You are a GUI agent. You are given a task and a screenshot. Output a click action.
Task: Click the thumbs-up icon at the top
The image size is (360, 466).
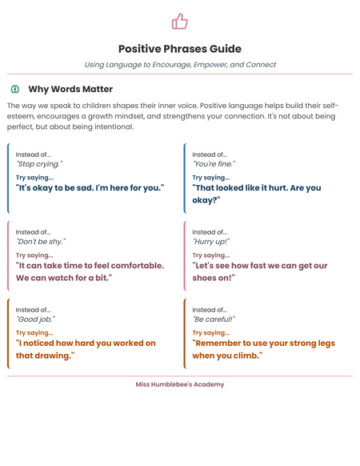180,21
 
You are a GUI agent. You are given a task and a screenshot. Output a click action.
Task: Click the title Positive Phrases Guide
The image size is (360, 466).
180,49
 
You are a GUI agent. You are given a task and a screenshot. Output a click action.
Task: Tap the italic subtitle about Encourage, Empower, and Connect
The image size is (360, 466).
180,65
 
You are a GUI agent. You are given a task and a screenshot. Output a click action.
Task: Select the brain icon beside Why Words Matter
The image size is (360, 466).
14,89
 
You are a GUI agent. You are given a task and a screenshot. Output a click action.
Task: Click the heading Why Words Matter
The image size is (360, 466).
70,89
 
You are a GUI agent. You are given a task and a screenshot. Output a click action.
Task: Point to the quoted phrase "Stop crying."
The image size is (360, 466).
39,164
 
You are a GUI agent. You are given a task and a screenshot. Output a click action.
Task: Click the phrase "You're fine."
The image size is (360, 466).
214,164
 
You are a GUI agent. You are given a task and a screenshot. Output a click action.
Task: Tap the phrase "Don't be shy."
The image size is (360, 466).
41,241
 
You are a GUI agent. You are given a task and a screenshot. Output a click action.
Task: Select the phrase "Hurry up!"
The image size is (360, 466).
211,241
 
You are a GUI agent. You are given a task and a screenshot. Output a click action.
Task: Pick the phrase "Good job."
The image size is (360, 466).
35,319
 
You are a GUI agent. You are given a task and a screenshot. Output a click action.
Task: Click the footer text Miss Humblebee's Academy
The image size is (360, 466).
180,384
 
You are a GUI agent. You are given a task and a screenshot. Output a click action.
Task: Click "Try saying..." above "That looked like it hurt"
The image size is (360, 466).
210,178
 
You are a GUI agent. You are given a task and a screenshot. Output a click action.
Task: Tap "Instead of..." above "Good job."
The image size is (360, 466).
33,309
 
